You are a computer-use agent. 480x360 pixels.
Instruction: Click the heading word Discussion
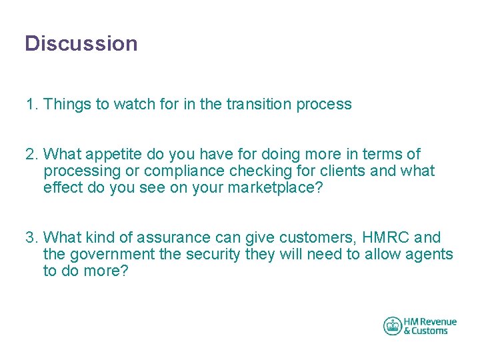[81, 44]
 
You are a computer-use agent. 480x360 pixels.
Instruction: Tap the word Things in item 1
[67, 104]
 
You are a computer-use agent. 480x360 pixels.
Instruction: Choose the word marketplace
[275, 188]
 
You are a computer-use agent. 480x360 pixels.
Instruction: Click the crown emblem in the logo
[393, 326]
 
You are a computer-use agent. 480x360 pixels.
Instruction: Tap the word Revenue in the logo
[438, 322]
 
